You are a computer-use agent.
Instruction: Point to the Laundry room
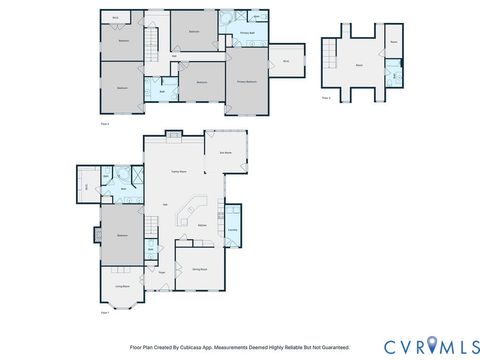[232, 230]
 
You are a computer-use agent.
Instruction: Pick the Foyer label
[160, 271]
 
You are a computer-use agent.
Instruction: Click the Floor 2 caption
[105, 123]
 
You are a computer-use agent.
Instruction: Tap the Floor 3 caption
[326, 98]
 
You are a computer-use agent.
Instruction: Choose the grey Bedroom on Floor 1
[122, 235]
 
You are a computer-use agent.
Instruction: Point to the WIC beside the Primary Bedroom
[286, 62]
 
